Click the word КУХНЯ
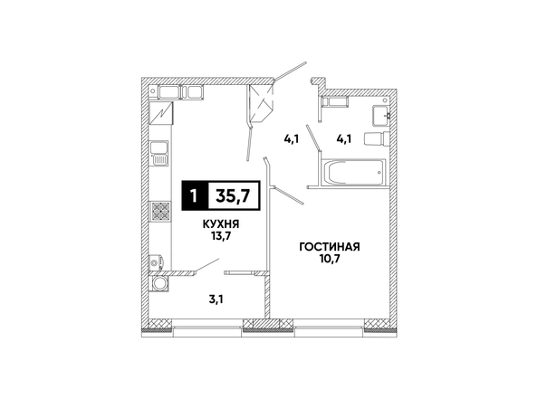pyautogui.click(x=221, y=224)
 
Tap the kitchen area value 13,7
pyautogui.click(x=221, y=236)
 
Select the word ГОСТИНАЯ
pyautogui.click(x=330, y=247)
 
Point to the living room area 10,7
pyautogui.click(x=330, y=259)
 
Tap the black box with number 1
pyautogui.click(x=195, y=195)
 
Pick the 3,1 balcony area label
pyautogui.click(x=216, y=300)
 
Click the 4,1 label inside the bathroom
pyautogui.click(x=344, y=139)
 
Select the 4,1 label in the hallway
pyautogui.click(x=292, y=139)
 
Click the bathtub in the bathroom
pyautogui.click(x=353, y=172)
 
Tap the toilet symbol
pyautogui.click(x=377, y=139)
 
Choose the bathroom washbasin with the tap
pyautogui.click(x=380, y=116)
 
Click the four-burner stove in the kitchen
pyautogui.click(x=160, y=211)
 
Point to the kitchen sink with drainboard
pyautogui.click(x=159, y=153)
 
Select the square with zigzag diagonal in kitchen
pyautogui.click(x=161, y=113)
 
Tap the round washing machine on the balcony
pyautogui.click(x=159, y=284)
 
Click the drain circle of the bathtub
pyautogui.click(x=379, y=172)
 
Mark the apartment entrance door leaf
pyautogui.click(x=290, y=72)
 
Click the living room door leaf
pyautogui.click(x=289, y=195)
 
